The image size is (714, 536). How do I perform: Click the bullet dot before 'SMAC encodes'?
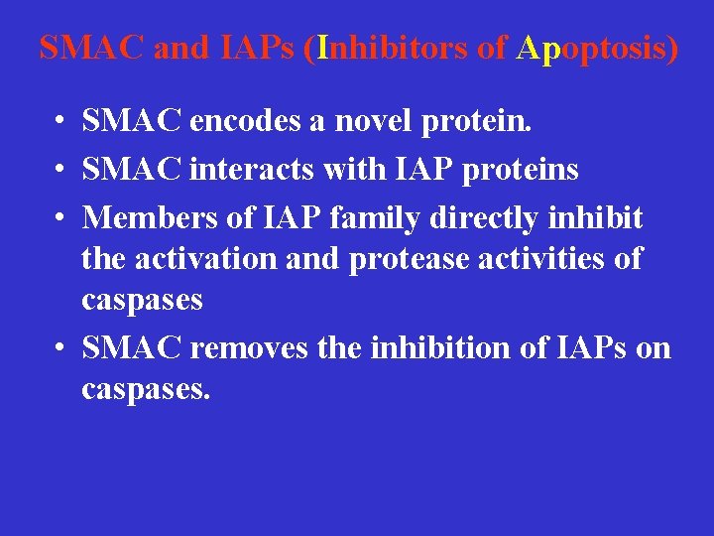pyautogui.click(x=61, y=123)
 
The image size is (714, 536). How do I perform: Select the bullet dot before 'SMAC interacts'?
pyautogui.click(x=61, y=171)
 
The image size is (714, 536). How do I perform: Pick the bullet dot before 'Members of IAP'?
pyautogui.click(x=61, y=216)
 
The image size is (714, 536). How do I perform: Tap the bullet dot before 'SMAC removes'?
pyautogui.click(x=61, y=348)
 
